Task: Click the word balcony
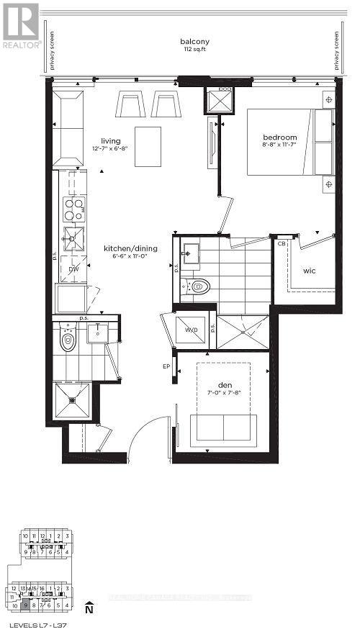194,42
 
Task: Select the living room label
111,140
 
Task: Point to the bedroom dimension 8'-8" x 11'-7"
279,146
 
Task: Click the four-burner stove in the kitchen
73,209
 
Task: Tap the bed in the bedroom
291,142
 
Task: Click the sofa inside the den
222,427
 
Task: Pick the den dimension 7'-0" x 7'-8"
223,392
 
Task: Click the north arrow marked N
88,609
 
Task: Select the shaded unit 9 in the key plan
25,605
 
